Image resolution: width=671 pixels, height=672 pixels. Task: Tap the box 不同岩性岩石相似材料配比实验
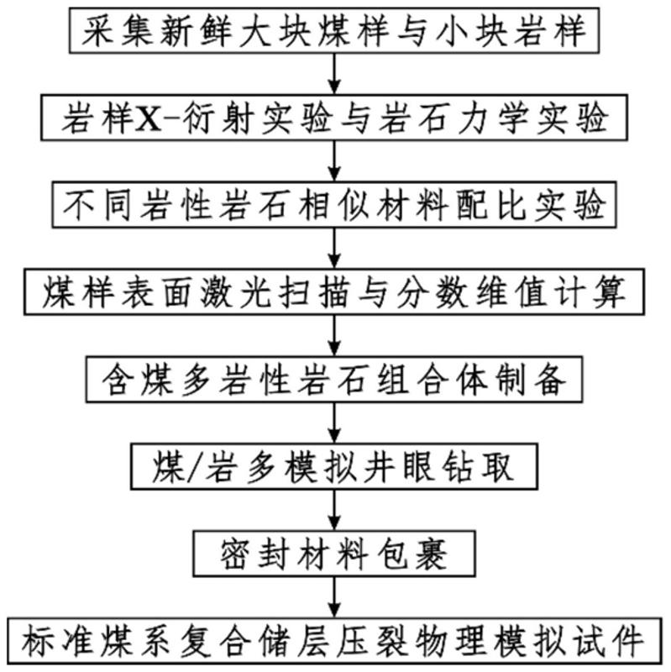336,205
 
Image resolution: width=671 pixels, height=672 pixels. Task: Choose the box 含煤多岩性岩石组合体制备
336,380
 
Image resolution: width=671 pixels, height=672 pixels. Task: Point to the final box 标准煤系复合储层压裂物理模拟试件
336,642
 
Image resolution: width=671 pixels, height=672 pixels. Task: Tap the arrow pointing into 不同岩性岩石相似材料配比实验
336,162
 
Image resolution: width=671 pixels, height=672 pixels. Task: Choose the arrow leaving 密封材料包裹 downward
336,598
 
